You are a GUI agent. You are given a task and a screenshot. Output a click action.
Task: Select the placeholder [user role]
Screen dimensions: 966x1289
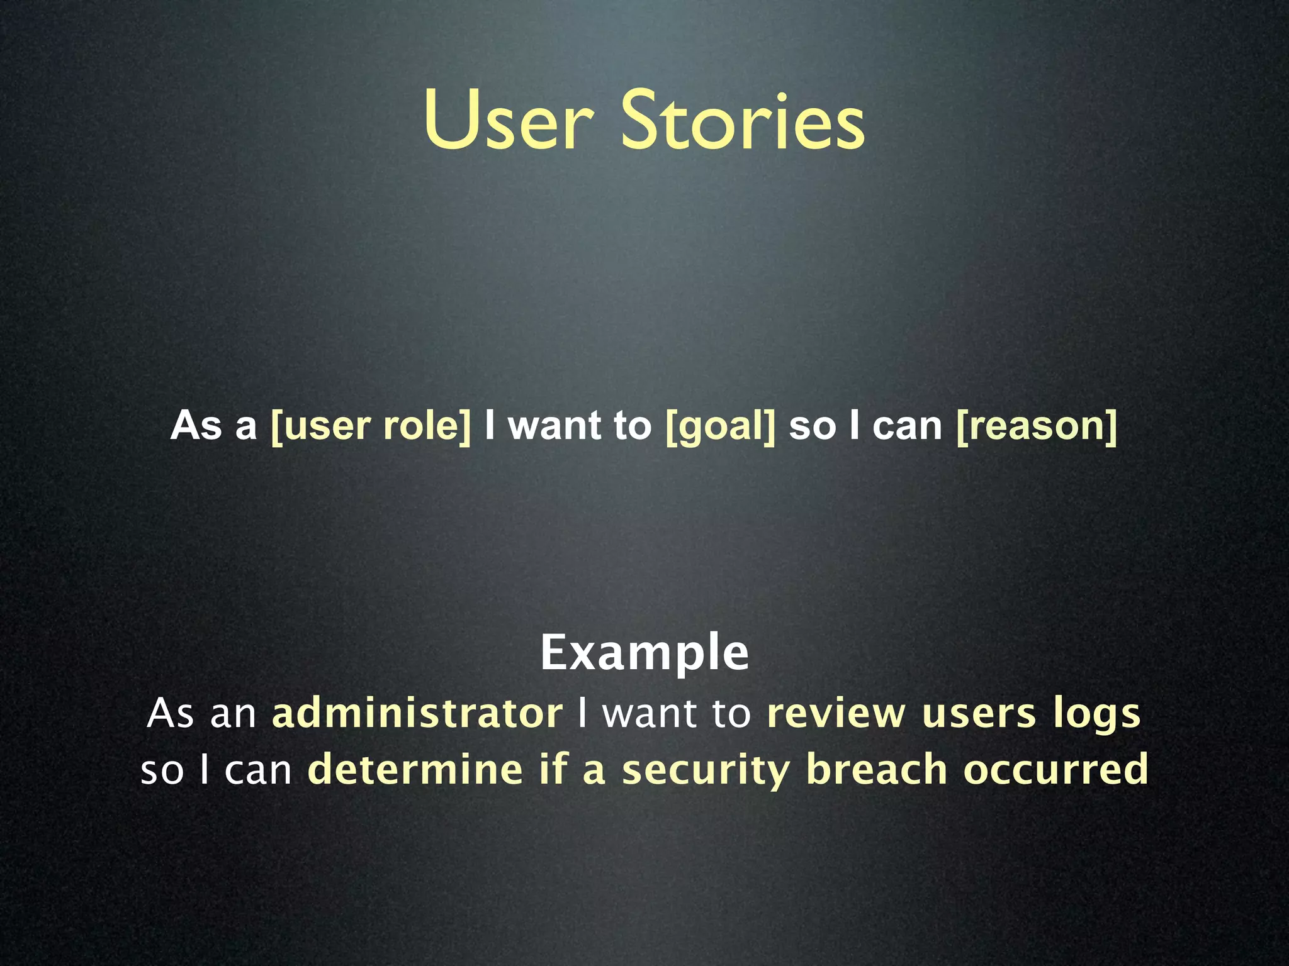click(371, 426)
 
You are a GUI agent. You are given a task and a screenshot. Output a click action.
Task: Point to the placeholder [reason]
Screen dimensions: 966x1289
click(1037, 426)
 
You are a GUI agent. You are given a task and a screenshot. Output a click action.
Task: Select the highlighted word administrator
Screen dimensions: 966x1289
click(417, 713)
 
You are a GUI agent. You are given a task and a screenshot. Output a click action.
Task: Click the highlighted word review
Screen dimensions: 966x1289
click(836, 714)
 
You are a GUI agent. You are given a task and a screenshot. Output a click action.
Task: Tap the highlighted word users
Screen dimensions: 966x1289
click(979, 714)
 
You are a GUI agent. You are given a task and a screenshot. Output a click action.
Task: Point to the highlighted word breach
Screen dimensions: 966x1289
click(876, 770)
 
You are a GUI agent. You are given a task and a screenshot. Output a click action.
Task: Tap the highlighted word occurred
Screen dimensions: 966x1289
click(1056, 770)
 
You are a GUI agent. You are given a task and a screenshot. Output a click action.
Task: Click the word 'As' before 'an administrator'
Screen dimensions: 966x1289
click(170, 713)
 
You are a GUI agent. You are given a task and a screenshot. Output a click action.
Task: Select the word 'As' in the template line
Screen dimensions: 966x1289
click(196, 426)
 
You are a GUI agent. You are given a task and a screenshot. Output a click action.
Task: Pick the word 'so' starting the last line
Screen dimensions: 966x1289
click(162, 771)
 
